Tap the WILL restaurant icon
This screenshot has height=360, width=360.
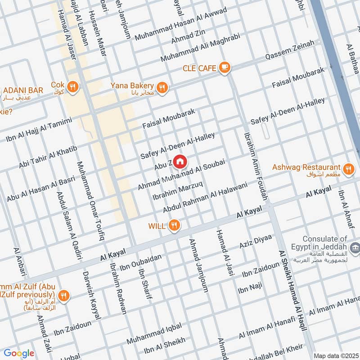(174, 225)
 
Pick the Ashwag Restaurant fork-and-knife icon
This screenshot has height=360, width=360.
(347, 169)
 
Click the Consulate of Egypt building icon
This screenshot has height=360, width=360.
(355, 247)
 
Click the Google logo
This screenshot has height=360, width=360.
(19, 353)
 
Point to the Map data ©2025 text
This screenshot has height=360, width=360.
(335, 355)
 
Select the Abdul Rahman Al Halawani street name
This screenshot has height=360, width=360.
(205, 197)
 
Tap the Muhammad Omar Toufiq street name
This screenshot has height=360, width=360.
(90, 200)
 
